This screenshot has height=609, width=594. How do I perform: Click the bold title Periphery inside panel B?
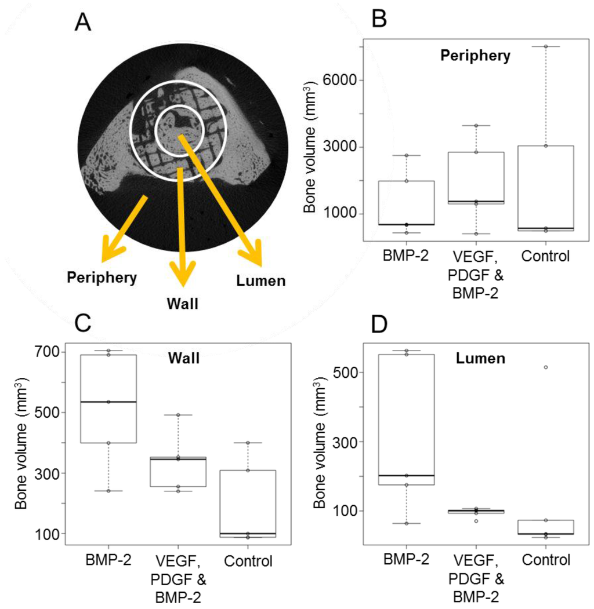coord(475,56)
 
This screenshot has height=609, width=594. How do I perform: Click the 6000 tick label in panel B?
coord(341,81)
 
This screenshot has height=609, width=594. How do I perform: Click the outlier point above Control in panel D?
coord(545,367)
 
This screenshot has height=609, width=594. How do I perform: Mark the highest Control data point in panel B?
coord(545,46)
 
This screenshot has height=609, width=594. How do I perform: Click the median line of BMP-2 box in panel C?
coord(108,402)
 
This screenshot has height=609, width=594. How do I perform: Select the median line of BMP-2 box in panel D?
coord(405,475)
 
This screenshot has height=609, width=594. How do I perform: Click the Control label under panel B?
coord(545,255)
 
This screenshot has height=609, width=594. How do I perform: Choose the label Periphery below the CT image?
coord(102,278)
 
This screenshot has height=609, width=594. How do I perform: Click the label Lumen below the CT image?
coord(261,282)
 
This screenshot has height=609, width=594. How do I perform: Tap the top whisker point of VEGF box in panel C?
coord(178,415)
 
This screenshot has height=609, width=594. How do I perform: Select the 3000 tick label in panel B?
coord(341,147)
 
